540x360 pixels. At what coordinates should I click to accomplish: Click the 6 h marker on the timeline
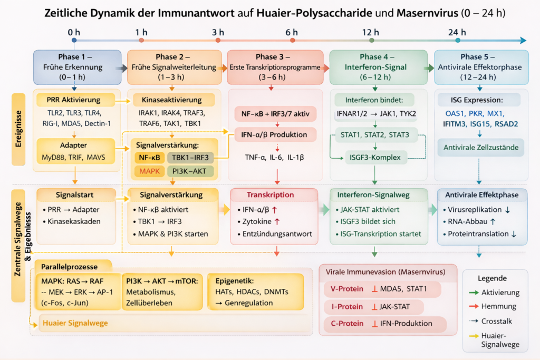coord(292,40)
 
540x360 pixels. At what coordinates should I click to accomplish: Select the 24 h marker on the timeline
coord(457,40)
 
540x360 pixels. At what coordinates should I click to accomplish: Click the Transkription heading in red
coord(273,194)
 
